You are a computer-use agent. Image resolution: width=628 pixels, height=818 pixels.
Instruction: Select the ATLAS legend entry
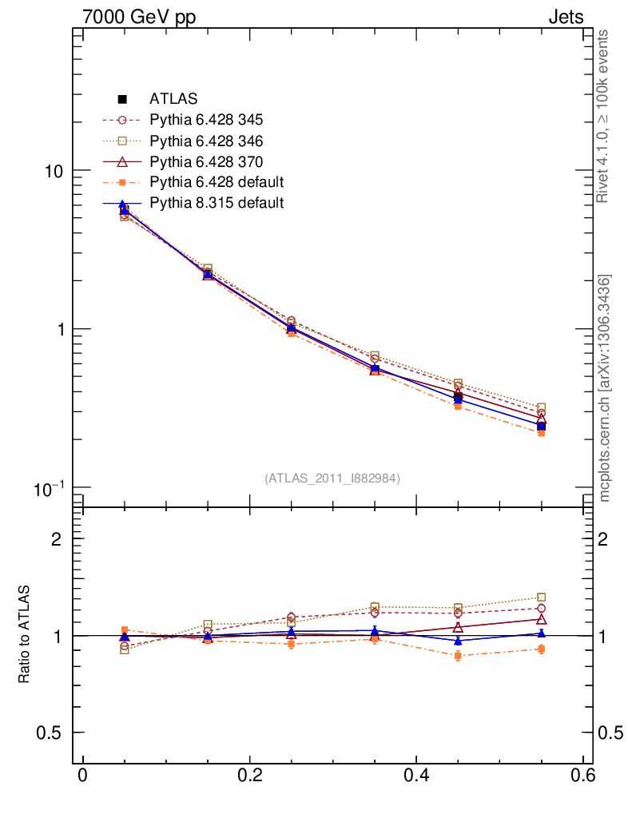[x=173, y=99]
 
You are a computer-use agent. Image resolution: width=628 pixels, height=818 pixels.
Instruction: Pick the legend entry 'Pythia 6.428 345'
[x=206, y=120]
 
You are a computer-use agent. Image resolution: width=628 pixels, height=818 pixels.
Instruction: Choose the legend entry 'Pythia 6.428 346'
[x=206, y=141]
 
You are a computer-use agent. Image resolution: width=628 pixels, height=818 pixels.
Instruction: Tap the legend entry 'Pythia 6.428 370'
[x=206, y=161]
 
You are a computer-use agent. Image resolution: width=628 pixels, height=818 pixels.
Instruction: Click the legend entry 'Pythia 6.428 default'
[x=217, y=182]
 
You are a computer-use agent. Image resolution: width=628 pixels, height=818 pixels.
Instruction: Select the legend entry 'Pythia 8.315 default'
[x=217, y=203]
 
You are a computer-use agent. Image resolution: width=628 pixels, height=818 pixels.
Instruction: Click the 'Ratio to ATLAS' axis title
[x=25, y=634]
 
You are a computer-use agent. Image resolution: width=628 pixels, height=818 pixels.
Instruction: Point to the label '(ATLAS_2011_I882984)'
[x=332, y=478]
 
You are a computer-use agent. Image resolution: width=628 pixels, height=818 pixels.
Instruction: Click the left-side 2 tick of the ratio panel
[x=57, y=538]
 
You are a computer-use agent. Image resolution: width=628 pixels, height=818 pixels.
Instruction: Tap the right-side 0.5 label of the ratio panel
[x=612, y=733]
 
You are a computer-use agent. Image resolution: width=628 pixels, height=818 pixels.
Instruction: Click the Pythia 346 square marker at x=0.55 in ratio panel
[x=541, y=598]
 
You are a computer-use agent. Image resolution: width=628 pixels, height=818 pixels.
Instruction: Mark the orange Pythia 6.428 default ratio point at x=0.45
[x=458, y=656]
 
